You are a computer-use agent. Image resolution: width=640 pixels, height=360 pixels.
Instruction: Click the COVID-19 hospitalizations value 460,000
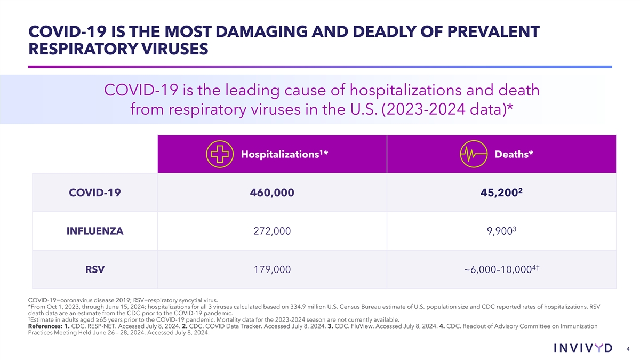pos(271,193)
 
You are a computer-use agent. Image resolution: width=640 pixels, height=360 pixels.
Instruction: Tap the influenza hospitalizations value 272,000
pos(271,231)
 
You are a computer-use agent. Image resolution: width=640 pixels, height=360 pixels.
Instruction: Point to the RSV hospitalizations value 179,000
pos(271,270)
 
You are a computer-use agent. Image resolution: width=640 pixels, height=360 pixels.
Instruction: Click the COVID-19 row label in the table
pos(95,193)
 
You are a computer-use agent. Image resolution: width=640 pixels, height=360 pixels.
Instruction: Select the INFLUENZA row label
pos(95,231)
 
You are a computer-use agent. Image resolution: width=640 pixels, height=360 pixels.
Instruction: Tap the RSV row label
pos(95,270)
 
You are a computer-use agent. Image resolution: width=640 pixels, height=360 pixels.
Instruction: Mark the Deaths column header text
pos(513,154)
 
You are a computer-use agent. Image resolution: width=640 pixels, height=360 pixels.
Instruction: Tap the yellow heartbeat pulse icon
pos(474,154)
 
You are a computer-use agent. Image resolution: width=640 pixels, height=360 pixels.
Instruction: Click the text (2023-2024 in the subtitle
pos(413,111)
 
